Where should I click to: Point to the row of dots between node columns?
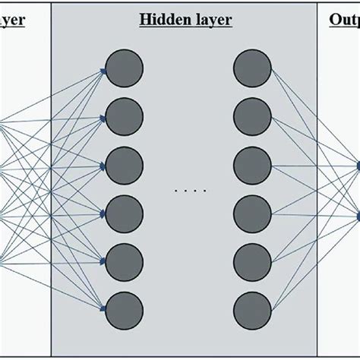pos(185,190)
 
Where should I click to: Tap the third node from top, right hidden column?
pos(251,164)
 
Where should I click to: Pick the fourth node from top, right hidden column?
pos(251,213)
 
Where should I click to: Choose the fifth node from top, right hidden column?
pos(251,261)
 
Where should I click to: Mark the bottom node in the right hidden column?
pos(251,309)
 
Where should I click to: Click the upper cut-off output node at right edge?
pos(358,164)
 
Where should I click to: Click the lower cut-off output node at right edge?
pos(358,213)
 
